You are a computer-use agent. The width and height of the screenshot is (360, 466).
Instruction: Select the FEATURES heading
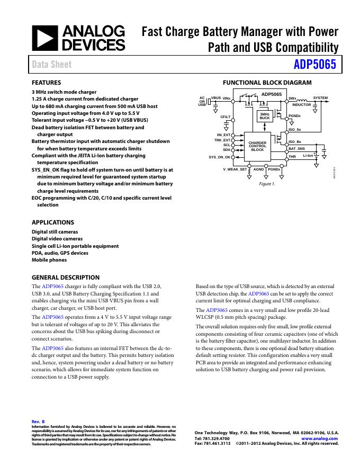point(47,83)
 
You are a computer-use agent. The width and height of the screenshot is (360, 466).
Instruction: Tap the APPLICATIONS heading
point(53,222)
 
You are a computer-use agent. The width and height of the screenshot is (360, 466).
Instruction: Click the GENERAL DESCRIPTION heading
point(66,277)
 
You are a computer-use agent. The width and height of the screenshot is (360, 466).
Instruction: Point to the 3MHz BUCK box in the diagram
point(264,116)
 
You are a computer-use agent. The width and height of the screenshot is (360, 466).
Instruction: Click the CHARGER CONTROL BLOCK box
point(257,146)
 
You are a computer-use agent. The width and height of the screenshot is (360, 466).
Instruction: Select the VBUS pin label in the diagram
point(216,98)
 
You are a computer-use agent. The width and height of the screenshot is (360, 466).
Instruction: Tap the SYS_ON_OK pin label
point(219,157)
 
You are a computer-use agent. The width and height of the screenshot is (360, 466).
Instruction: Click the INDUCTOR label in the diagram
point(301,105)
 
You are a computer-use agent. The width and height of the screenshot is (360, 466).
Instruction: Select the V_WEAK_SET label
point(235,169)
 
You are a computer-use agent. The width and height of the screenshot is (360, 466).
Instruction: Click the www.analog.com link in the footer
point(319,438)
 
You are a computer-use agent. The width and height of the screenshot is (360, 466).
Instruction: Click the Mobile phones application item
point(49,260)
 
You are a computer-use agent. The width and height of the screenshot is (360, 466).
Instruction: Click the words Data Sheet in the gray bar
point(52,65)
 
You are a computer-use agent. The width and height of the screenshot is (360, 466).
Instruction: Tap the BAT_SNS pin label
point(296,150)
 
